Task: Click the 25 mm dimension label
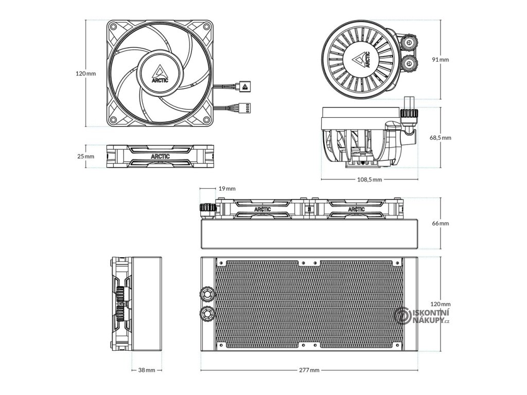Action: pos(86,156)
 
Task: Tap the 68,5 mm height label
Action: pos(440,138)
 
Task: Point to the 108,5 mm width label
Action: pos(370,179)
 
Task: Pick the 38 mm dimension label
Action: pos(147,370)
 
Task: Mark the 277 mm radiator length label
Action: pos(309,370)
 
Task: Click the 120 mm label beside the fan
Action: pos(86,74)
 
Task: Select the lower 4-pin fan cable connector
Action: pos(245,109)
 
